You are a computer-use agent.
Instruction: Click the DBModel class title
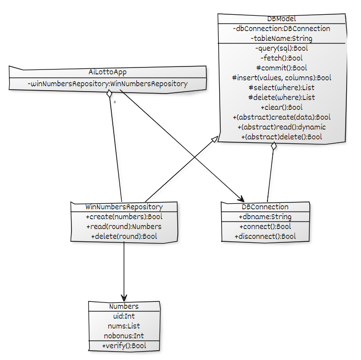281,19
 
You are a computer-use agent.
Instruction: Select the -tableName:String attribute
281,38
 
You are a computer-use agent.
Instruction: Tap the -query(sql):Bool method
281,48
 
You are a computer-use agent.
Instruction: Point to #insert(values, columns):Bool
281,78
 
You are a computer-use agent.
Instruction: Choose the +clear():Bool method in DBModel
281,107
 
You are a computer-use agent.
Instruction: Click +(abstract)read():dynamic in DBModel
281,127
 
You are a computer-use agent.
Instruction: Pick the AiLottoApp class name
107,72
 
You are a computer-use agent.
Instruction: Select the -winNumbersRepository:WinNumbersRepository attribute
107,84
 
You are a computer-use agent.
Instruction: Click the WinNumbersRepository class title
124,207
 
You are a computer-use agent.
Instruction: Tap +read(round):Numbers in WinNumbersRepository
124,227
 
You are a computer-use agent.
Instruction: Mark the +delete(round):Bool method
124,236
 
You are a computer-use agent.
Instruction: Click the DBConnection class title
265,207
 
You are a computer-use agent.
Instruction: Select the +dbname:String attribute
265,217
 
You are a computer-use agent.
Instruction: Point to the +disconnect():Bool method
265,236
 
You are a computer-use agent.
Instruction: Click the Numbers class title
124,306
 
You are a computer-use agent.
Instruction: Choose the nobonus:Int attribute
124,336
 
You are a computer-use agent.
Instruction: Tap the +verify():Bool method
124,346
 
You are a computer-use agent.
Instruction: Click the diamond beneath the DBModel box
274,147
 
